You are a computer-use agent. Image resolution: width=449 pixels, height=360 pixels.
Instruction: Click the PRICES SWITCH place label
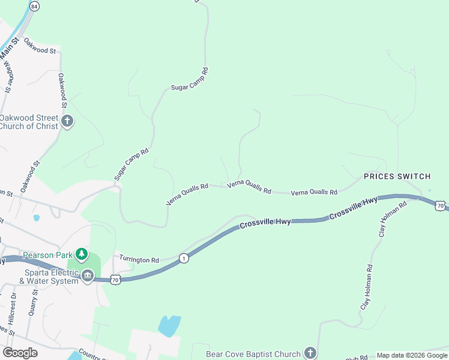[x=397, y=176]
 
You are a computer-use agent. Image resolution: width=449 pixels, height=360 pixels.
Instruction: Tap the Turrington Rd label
[x=139, y=260]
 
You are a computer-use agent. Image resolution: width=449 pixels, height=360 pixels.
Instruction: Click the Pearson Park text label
[x=47, y=255]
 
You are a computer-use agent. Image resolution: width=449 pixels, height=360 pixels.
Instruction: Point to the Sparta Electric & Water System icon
[x=88, y=276]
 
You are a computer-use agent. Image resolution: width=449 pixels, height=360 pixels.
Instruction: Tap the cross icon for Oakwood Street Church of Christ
[x=67, y=121]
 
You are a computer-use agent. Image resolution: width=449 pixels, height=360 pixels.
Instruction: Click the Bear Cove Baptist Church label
[x=252, y=354]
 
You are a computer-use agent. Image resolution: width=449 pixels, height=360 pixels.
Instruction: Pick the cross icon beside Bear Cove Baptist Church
[x=310, y=353]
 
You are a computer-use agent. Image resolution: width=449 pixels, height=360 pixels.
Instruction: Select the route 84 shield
[x=34, y=6]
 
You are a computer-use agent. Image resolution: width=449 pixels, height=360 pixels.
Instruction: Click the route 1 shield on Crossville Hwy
[x=184, y=258]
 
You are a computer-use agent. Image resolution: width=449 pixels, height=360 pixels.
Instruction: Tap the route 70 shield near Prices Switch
[x=441, y=205]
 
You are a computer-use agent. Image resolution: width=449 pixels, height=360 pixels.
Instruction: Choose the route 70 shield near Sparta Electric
[x=116, y=280]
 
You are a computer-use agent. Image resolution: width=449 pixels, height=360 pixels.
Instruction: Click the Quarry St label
[x=34, y=303]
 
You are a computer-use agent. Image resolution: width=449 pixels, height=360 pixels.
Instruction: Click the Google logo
[x=20, y=353]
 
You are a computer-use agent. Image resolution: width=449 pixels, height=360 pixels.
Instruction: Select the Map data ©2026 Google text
[x=411, y=355]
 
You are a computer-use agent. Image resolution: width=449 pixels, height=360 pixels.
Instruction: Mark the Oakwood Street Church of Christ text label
[x=30, y=122]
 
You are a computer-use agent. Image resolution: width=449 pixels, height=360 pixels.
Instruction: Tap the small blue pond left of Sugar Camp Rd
[x=37, y=218]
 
